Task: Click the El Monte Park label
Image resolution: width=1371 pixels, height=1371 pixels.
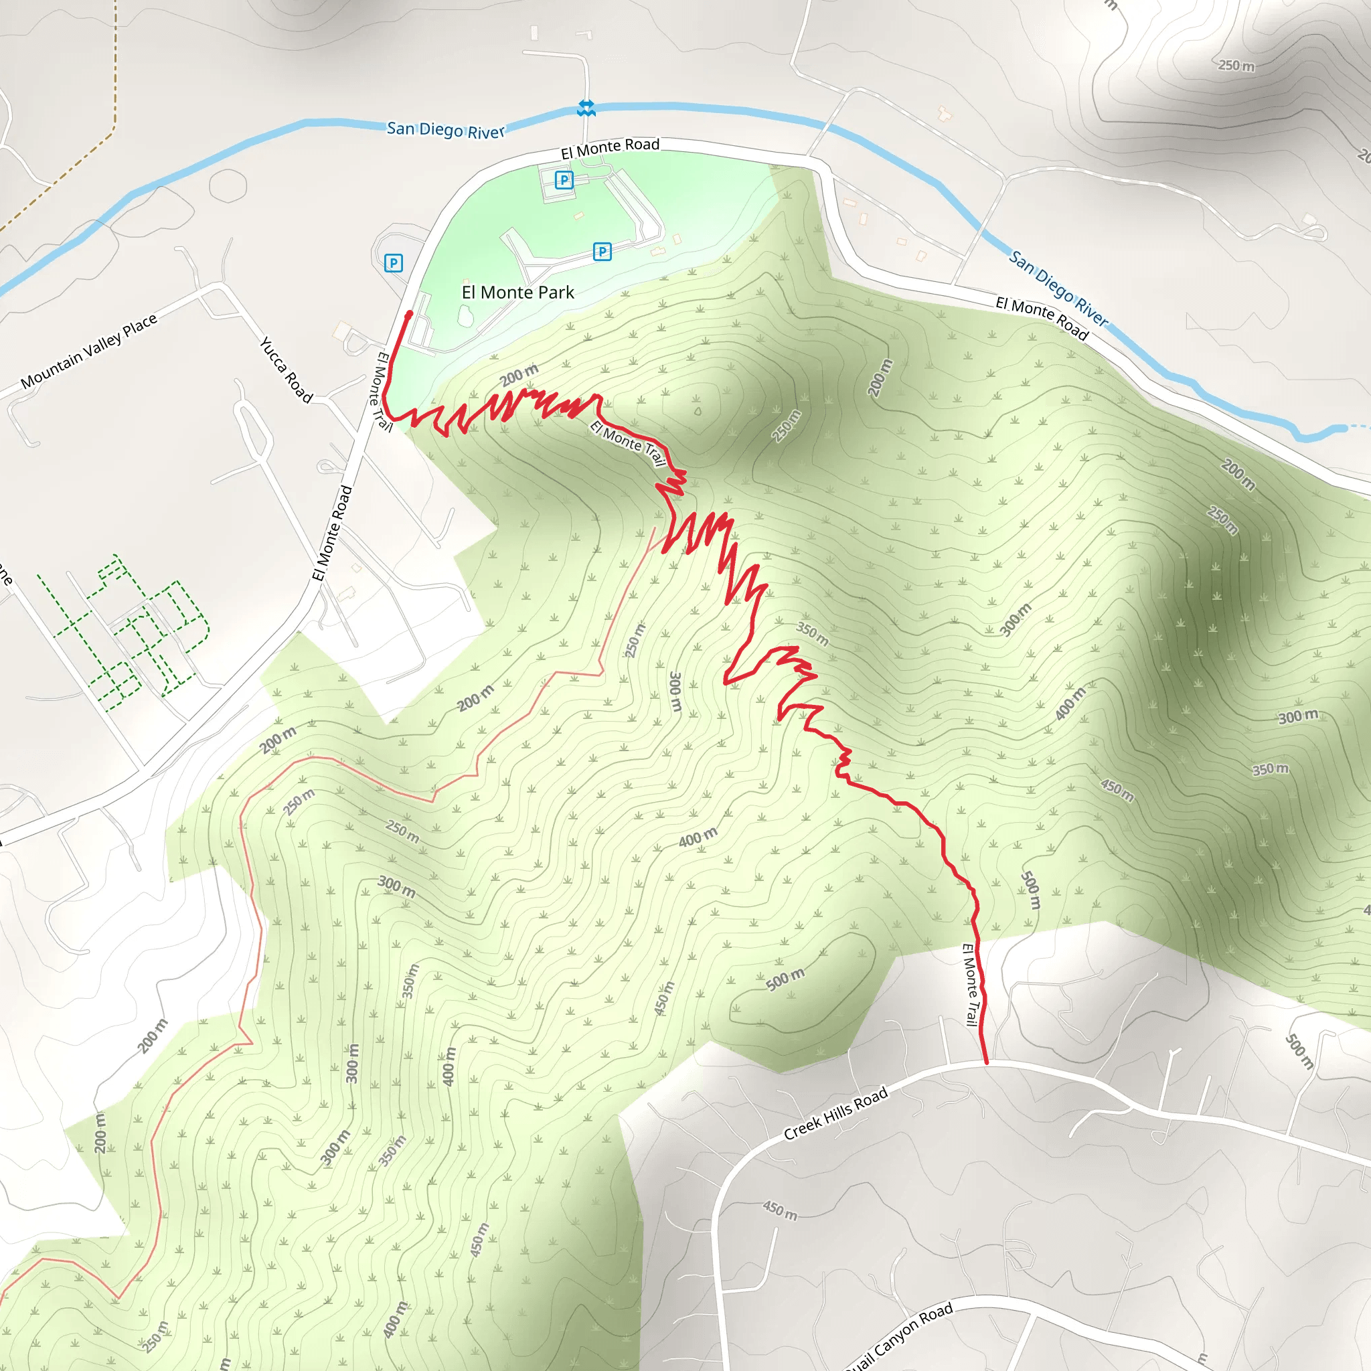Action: [517, 293]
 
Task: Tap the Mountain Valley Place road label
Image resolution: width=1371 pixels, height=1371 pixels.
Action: [89, 352]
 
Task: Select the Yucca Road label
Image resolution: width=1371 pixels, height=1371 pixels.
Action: [286, 370]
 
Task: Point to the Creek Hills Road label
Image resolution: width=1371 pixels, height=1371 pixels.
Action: [835, 1113]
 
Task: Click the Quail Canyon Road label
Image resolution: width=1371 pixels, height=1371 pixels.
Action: [898, 1338]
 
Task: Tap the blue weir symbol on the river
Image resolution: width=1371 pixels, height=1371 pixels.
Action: [586, 108]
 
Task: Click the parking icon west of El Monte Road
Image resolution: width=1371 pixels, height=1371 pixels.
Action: [393, 263]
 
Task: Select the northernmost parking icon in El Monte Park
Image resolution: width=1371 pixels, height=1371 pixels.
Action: [564, 180]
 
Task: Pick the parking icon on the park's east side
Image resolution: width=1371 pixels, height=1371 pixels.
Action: [602, 251]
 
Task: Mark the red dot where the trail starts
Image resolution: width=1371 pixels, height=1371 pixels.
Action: [409, 314]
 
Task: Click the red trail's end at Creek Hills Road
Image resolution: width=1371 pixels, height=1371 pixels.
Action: [985, 1062]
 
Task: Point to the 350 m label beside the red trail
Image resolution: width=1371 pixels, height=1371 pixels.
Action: [812, 634]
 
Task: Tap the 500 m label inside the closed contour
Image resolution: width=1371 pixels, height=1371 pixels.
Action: [785, 979]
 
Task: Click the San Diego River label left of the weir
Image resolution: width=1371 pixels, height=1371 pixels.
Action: [446, 130]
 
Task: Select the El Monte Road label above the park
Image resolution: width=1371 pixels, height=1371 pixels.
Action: [610, 149]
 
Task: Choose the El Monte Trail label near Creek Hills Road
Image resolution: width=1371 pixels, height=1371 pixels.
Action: [971, 985]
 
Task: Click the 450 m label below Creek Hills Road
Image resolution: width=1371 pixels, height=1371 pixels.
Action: [780, 1210]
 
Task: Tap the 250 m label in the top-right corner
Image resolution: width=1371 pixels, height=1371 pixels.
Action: [1236, 66]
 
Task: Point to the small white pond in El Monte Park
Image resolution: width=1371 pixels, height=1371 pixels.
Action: [466, 316]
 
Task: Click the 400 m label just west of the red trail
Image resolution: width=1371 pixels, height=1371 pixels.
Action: [698, 838]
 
